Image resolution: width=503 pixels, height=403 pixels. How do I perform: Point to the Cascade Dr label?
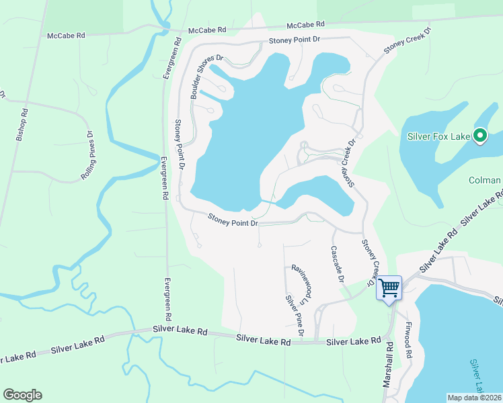click(x=337, y=263)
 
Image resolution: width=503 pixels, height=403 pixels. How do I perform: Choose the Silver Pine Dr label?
click(x=295, y=316)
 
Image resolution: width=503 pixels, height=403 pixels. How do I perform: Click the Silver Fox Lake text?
click(x=438, y=137)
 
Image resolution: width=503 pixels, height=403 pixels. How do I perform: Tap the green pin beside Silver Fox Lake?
click(x=479, y=136)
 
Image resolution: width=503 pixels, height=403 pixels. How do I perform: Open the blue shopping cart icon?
click(x=389, y=288)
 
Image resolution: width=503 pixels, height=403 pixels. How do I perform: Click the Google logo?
click(x=22, y=395)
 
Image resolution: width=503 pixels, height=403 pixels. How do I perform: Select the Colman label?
click(x=484, y=180)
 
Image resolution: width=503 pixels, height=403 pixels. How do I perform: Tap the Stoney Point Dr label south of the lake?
click(x=233, y=220)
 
